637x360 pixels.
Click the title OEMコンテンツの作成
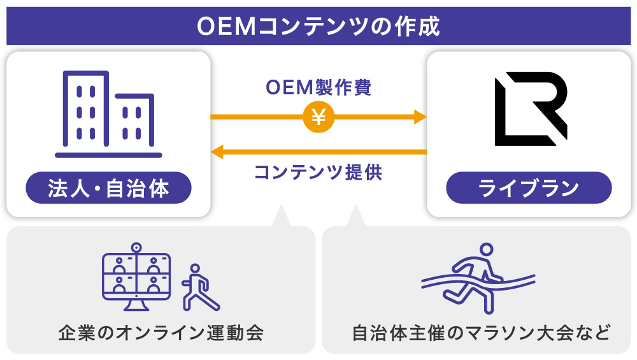click(318, 26)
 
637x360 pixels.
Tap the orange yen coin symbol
click(318, 117)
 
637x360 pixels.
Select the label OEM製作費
click(318, 87)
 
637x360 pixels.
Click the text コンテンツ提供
click(318, 172)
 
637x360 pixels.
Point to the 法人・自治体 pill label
click(108, 188)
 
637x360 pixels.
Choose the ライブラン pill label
click(529, 188)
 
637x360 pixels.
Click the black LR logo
click(530, 109)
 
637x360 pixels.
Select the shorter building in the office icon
click(134, 121)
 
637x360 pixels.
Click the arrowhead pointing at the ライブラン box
click(420, 117)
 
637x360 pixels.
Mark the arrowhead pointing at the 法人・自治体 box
click(217, 152)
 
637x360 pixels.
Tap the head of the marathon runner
click(487, 250)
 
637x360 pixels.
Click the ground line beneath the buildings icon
click(108, 155)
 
